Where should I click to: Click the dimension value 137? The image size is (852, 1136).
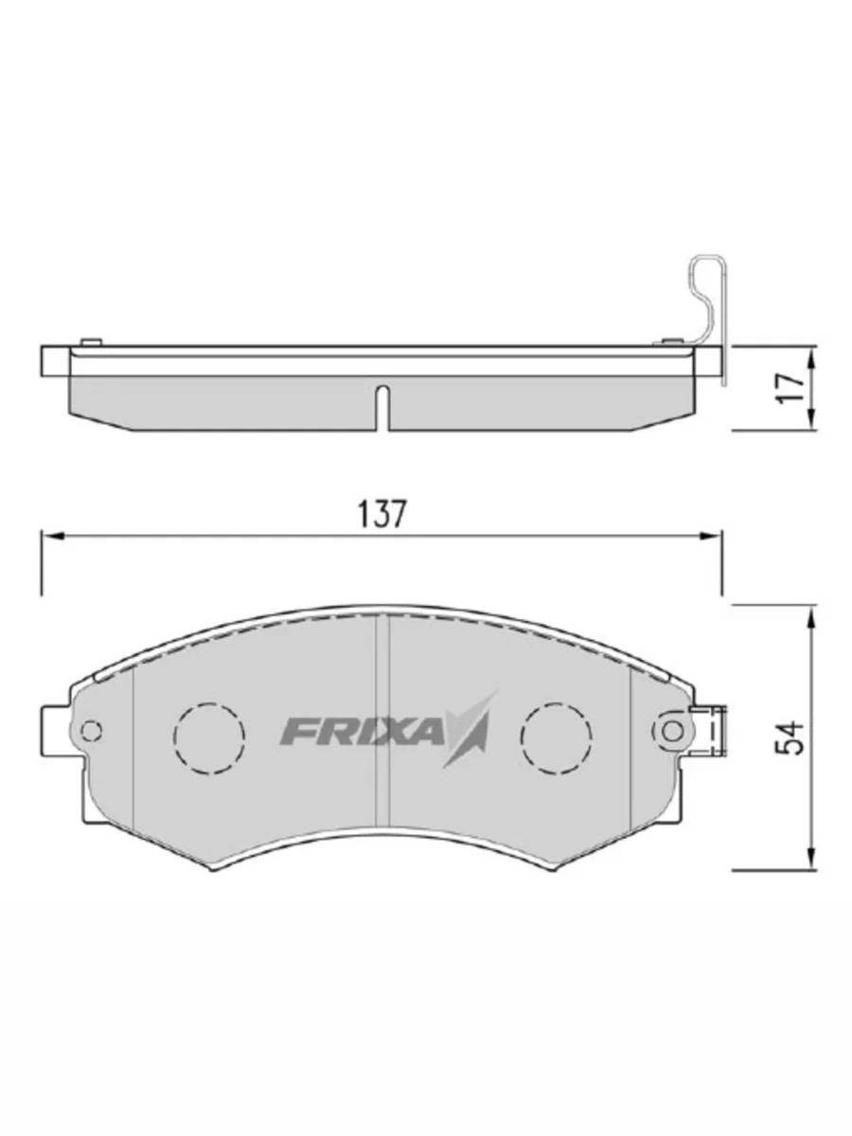coord(382,514)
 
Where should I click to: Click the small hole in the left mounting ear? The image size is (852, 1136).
coord(92,731)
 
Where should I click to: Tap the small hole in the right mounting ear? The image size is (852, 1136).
coord(672,731)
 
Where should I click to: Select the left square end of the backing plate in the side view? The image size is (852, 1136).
coord(54,362)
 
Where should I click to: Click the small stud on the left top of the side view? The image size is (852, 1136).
coord(92,341)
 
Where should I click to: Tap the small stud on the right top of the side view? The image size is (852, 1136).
coord(670,341)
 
